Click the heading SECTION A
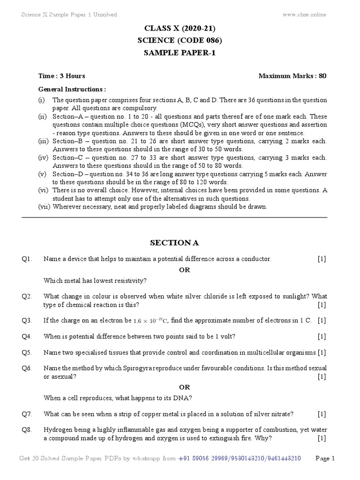174,242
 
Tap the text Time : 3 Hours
61,76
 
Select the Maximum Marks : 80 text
292,76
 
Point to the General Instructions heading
72,89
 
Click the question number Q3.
26,321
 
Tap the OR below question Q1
185,270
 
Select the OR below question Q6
185,387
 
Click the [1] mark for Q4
322,336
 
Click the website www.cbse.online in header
304,15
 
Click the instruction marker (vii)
45,207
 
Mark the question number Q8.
26,430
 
